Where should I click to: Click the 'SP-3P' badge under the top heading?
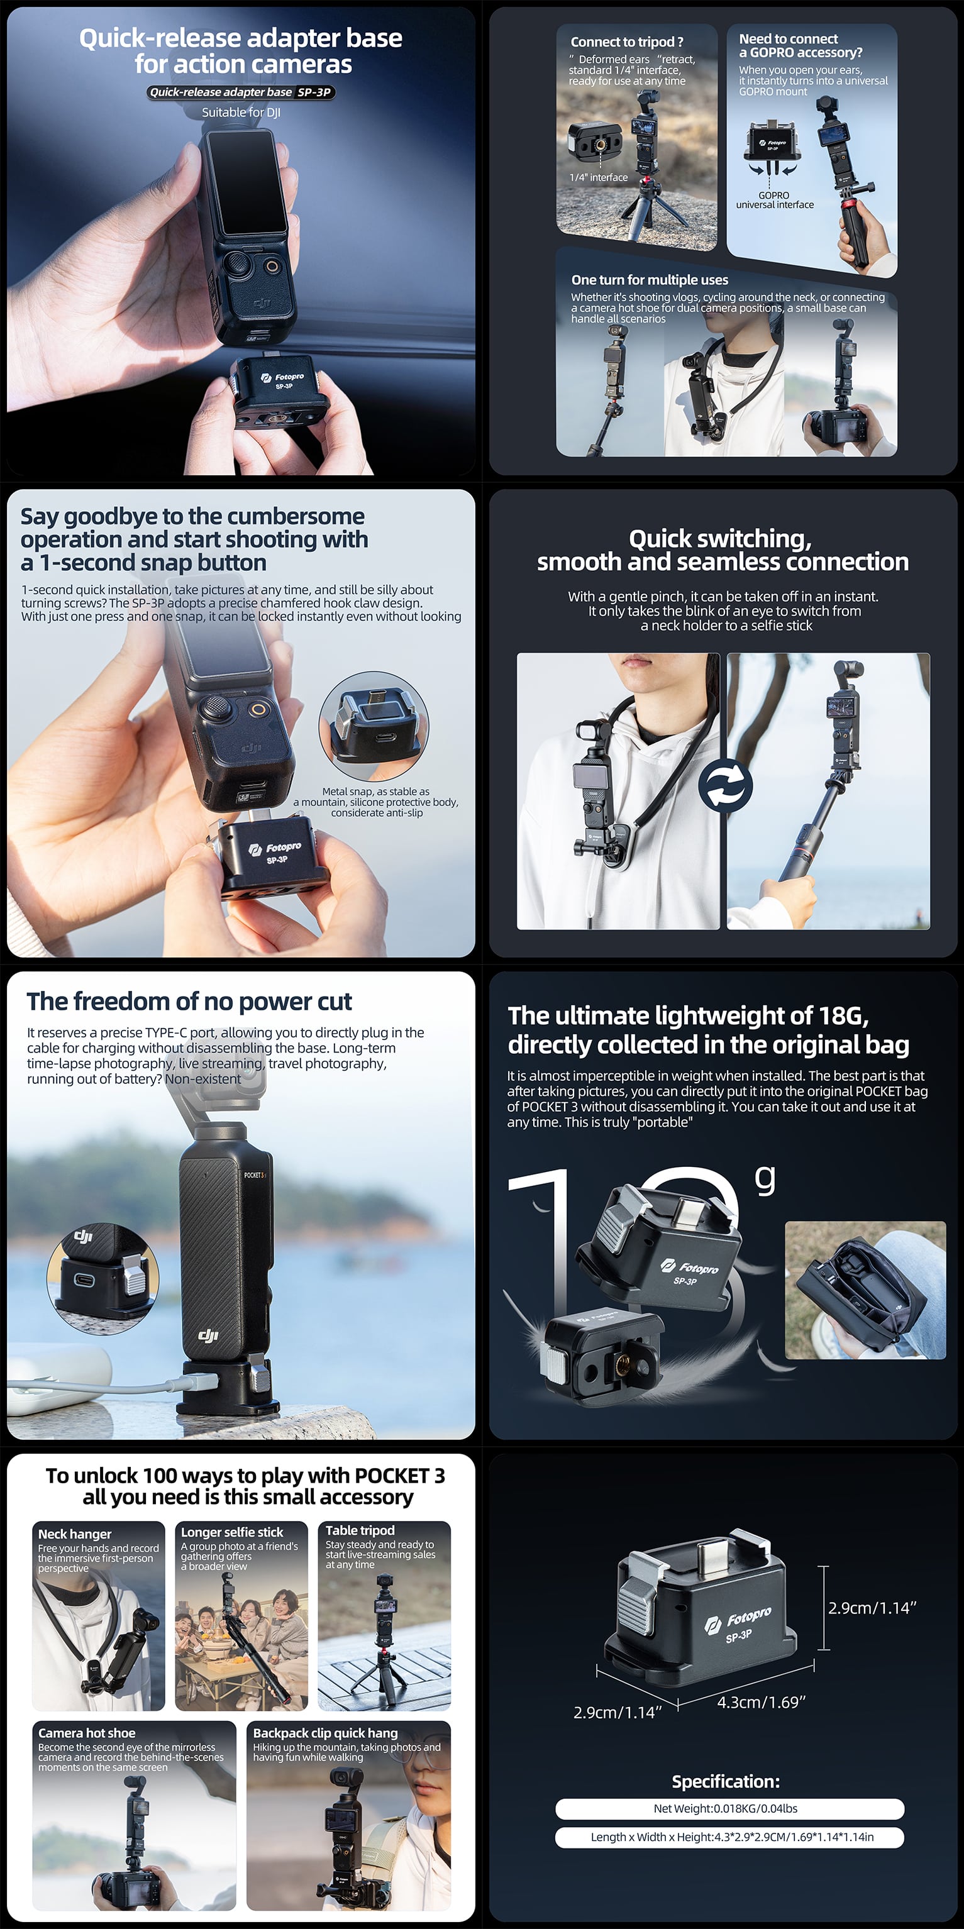[314, 92]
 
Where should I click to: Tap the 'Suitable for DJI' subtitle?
[241, 113]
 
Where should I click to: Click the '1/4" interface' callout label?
[599, 177]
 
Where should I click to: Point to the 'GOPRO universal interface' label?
[775, 200]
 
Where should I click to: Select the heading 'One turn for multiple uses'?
[650, 280]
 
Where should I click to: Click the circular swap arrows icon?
[725, 787]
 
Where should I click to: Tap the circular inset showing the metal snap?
[374, 726]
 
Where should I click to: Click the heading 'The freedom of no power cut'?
[189, 1001]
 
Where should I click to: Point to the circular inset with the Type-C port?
[102, 1278]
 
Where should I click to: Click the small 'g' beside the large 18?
[765, 1180]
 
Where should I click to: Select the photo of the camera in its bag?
[865, 1290]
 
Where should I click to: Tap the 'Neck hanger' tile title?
[75, 1534]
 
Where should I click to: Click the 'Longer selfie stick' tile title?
[232, 1532]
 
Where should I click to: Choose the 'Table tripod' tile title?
[360, 1530]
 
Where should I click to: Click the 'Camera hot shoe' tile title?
[87, 1733]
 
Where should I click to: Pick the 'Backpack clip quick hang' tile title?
[325, 1733]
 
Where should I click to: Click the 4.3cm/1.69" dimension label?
[761, 1701]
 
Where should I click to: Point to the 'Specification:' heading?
[726, 1781]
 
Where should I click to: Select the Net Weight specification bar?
[729, 1808]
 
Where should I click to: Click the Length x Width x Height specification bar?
[729, 1837]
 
